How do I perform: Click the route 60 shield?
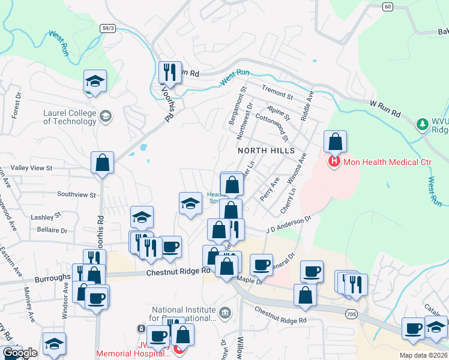click(x=387, y=7)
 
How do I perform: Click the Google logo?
click(x=20, y=353)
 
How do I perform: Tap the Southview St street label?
click(x=76, y=195)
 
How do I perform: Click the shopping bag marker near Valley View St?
click(x=103, y=163)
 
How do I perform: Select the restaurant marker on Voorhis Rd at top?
click(x=169, y=73)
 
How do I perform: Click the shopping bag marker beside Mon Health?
click(x=336, y=142)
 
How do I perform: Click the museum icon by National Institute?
click(x=225, y=312)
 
